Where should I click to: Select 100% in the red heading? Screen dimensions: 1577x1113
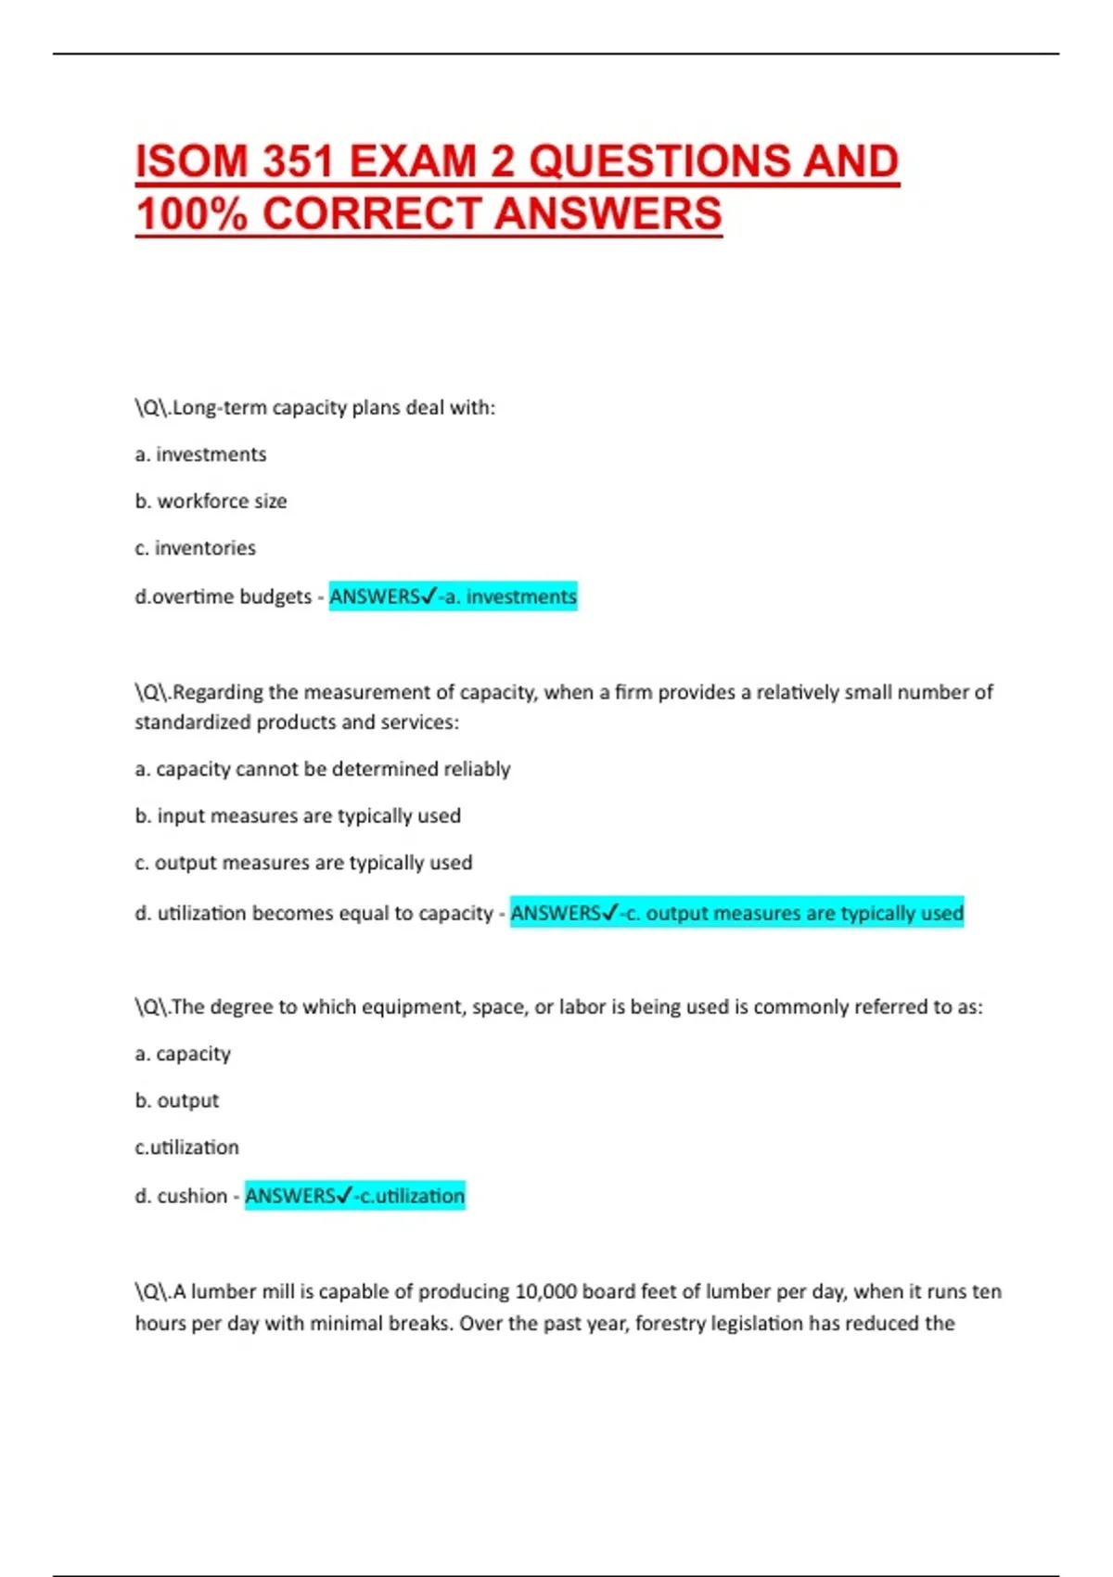point(191,214)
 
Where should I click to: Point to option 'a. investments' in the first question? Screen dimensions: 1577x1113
point(200,455)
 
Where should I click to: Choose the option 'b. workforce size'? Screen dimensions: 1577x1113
point(211,501)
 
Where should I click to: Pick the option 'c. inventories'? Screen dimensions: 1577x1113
point(195,548)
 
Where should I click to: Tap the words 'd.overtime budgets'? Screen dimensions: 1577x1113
point(223,596)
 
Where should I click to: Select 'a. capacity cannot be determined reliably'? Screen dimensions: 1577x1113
point(323,769)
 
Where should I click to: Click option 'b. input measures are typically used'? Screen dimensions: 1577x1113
point(298,815)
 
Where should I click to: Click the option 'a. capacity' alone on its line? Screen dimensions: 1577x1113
point(183,1054)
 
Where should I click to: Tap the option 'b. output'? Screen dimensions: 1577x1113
point(177,1101)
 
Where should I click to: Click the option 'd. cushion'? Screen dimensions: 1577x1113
point(181,1196)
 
